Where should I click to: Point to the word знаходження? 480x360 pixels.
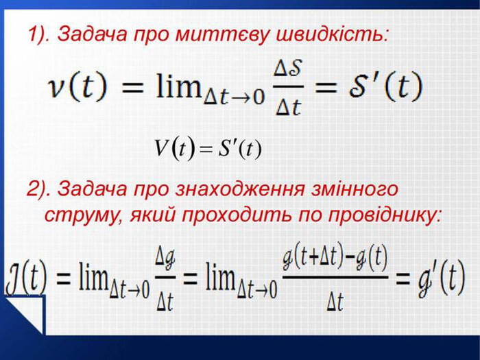coord(240,189)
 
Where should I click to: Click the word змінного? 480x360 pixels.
coord(355,189)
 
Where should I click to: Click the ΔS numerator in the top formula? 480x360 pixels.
coord(288,69)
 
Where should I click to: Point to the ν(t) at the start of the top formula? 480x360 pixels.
coord(78,86)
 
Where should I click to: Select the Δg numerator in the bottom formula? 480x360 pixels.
coord(165,259)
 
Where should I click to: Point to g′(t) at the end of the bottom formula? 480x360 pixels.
coord(441,279)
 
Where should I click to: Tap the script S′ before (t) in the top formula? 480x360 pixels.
coord(364,86)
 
